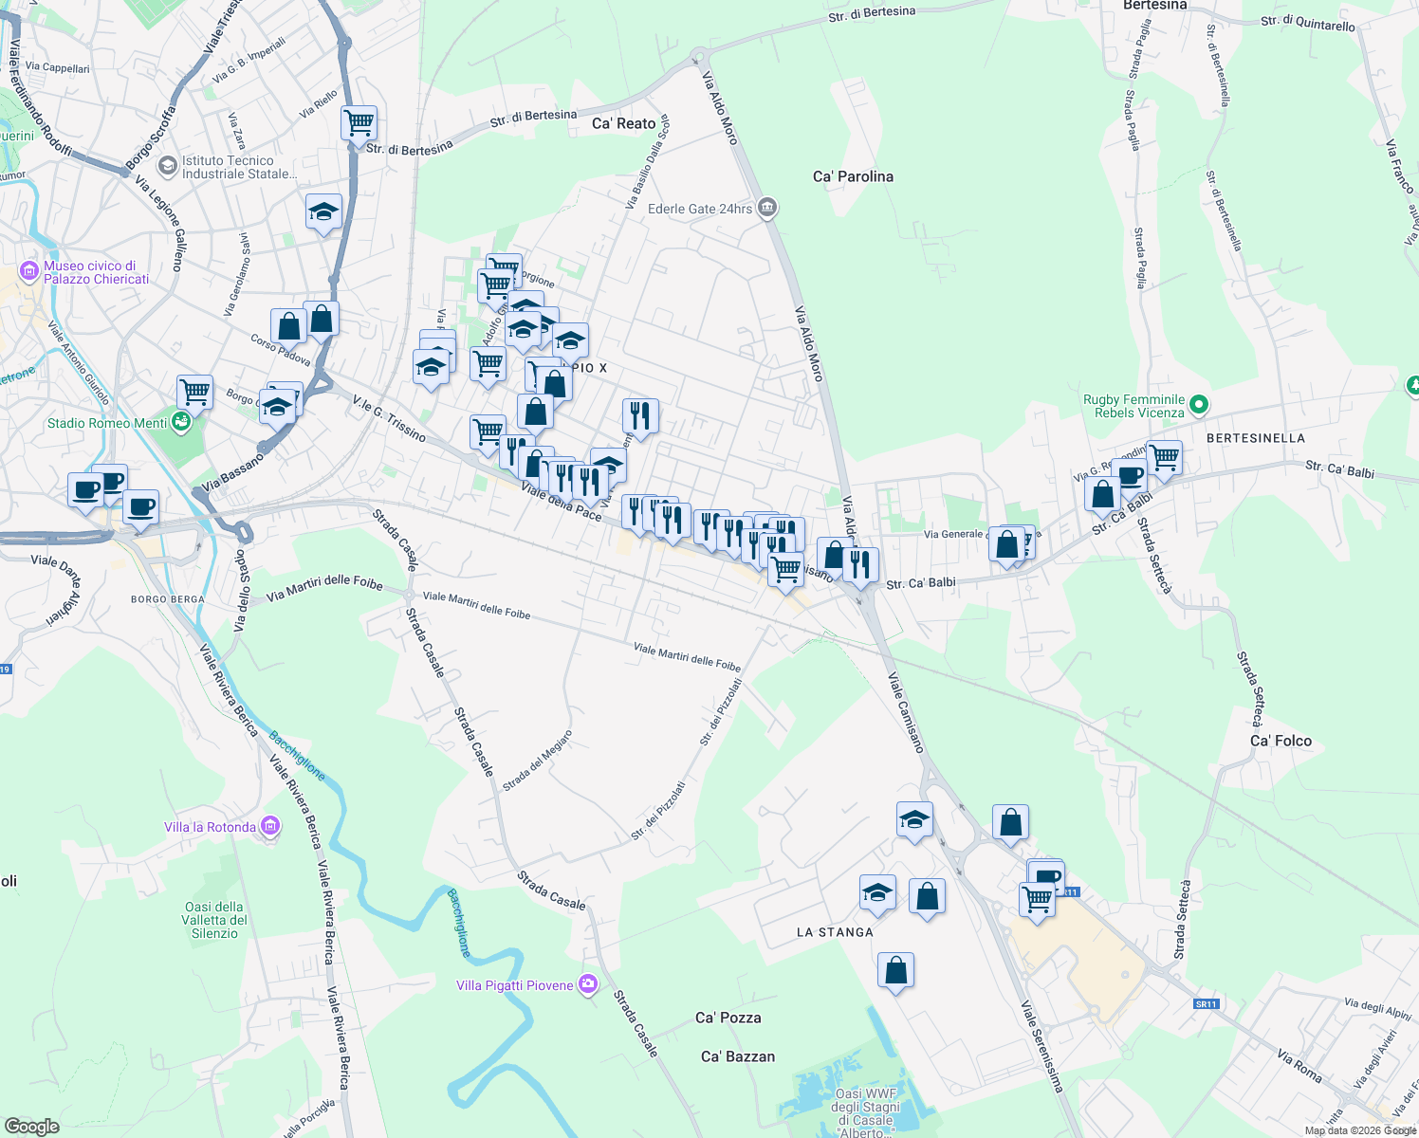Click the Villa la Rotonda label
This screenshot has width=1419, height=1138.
point(210,827)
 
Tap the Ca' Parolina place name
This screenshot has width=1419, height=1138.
point(853,176)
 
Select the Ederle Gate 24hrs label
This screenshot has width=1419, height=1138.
point(700,209)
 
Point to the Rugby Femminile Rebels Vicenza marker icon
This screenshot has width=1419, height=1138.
point(1199,406)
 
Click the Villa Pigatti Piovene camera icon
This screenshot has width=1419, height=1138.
point(588,985)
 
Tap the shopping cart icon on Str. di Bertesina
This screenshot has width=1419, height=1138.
point(359,121)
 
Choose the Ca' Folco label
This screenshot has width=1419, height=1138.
point(1281,741)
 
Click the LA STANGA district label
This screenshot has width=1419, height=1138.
point(835,932)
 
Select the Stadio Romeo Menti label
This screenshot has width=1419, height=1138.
point(107,423)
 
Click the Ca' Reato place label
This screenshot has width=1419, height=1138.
point(623,123)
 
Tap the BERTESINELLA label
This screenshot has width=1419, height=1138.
point(1255,438)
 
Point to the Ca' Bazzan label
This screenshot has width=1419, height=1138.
point(737,1056)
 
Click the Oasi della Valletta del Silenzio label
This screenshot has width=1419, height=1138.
point(215,920)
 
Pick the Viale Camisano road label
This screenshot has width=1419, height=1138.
point(905,712)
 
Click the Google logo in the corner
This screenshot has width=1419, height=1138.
point(31,1127)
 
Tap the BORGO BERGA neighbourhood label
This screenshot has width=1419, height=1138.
point(168,599)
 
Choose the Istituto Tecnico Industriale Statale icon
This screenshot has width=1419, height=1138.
point(168,167)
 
